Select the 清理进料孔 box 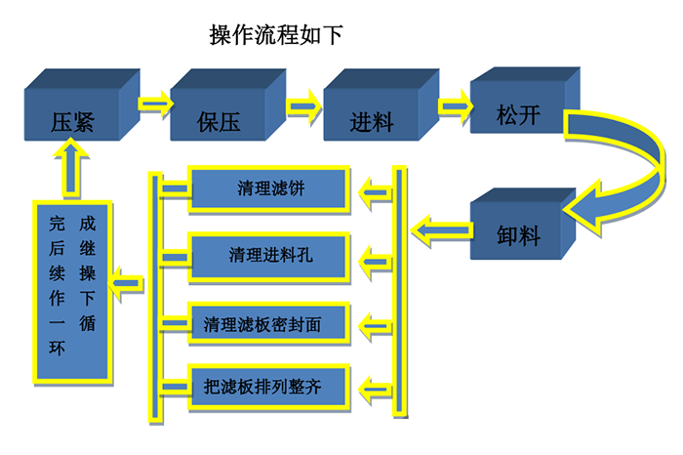[x=269, y=256]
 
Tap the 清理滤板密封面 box [x=269, y=322]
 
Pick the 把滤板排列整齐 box [x=269, y=388]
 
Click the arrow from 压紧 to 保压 [x=154, y=102]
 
